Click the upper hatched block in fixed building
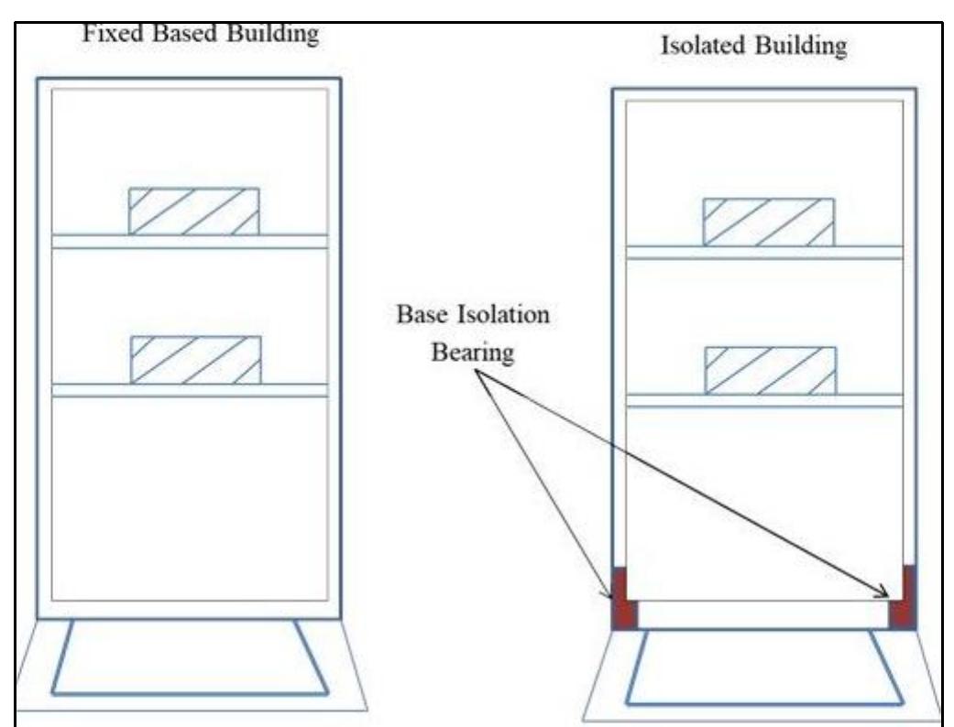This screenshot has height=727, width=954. pyautogui.click(x=193, y=212)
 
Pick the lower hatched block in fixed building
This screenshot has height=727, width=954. pyautogui.click(x=195, y=360)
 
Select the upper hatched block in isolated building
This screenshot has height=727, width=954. pyautogui.click(x=768, y=222)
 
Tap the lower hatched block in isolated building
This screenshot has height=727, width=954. pyautogui.click(x=770, y=371)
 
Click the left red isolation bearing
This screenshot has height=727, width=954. pyautogui.click(x=623, y=601)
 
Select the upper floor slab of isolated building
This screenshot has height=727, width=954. pyautogui.click(x=768, y=253)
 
